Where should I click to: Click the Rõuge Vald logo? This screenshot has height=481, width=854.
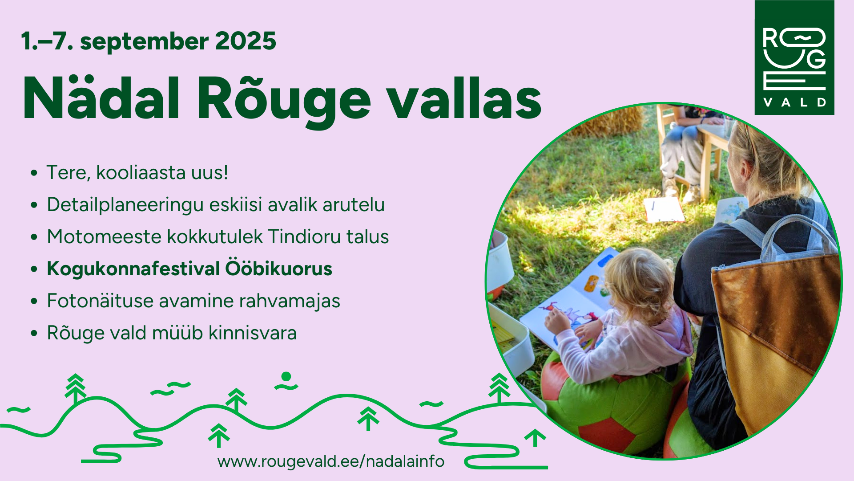point(794,57)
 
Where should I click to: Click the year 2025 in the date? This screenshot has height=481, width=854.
point(246,41)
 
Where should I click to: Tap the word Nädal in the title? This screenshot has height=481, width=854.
point(101,98)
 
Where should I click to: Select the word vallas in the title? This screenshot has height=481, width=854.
point(464,98)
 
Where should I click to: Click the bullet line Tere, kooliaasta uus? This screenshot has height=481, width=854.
point(137,172)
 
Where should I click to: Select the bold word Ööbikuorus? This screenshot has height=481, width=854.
point(278,269)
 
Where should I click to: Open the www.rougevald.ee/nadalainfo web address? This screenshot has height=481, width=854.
point(331,461)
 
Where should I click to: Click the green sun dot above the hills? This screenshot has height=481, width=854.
point(286,377)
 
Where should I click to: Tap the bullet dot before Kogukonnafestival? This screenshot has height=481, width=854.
point(34,269)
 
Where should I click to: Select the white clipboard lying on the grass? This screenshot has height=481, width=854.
point(663,209)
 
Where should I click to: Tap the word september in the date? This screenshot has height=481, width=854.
point(145,42)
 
